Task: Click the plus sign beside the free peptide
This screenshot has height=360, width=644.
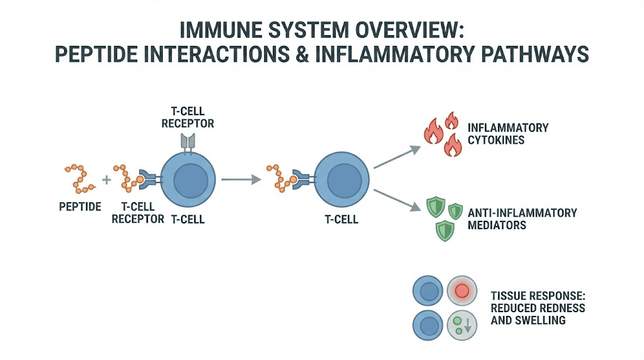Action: [x=106, y=179]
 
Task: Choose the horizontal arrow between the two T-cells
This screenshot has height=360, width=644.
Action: [x=241, y=179]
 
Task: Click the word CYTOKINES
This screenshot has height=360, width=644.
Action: [x=496, y=140]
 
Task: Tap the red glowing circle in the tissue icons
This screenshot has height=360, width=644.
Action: [x=462, y=291]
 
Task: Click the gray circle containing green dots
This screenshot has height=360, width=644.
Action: [x=462, y=326]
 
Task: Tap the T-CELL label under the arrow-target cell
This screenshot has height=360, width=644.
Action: [x=341, y=220]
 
